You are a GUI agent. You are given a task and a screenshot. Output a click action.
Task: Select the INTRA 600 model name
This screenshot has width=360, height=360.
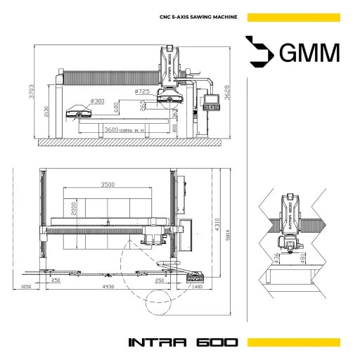click(183, 343)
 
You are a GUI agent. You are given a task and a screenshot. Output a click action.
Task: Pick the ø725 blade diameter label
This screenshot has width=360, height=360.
click(143, 91)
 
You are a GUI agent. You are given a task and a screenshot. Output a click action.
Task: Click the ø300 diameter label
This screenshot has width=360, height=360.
click(96, 101)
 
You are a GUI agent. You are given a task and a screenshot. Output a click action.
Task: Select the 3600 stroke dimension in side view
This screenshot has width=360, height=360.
click(111, 130)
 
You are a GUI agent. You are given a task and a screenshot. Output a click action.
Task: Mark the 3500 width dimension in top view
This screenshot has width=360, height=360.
click(107, 184)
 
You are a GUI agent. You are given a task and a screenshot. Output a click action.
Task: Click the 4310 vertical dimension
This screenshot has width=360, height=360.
click(218, 224)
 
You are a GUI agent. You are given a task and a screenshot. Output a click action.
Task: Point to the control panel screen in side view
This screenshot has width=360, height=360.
click(210, 106)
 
